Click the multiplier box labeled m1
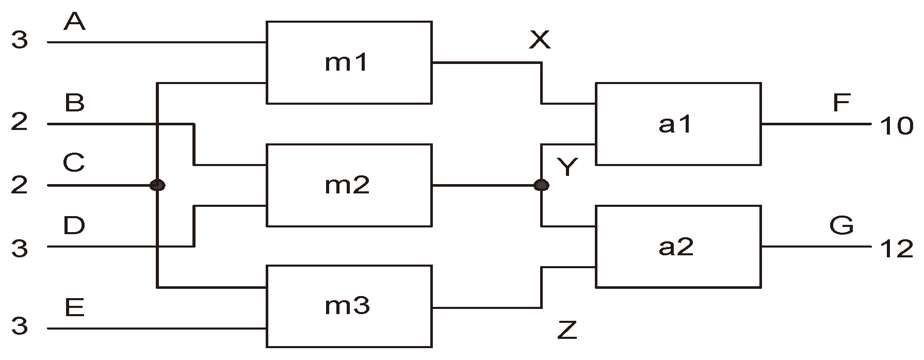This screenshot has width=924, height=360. pyautogui.click(x=348, y=62)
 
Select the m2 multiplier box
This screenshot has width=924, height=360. pyautogui.click(x=348, y=185)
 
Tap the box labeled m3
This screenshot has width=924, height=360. pyautogui.click(x=348, y=306)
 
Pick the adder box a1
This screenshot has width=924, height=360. pyautogui.click(x=677, y=124)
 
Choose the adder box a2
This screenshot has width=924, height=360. pyautogui.click(x=677, y=247)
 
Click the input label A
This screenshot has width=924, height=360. pyautogui.click(x=74, y=22)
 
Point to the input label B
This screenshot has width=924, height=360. pyautogui.click(x=74, y=103)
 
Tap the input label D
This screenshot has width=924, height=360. pyautogui.click(x=74, y=225)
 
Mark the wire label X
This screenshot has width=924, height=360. pyautogui.click(x=540, y=40)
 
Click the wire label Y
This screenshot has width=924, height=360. pyautogui.click(x=568, y=167)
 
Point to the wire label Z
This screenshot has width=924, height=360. pyautogui.click(x=567, y=331)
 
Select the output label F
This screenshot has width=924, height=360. pyautogui.click(x=841, y=103)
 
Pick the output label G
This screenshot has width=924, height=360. pyautogui.click(x=841, y=225)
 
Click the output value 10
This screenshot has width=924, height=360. pyautogui.click(x=897, y=126)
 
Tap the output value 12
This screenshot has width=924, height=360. pyautogui.click(x=897, y=250)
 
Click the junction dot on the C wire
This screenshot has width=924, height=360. pyautogui.click(x=157, y=185)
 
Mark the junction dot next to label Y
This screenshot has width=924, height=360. pyautogui.click(x=541, y=185)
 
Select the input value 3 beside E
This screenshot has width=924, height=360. pyautogui.click(x=20, y=327)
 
